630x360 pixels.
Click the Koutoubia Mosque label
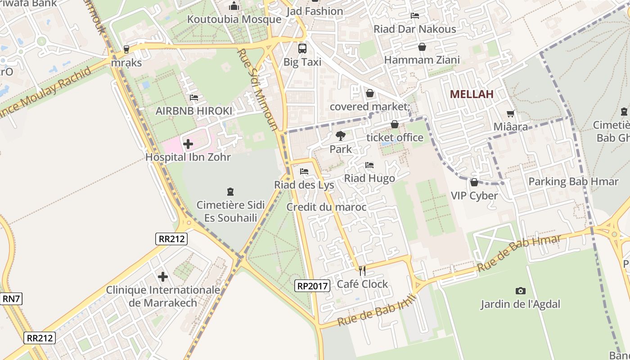(x=234, y=19)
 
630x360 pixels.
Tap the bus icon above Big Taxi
(x=302, y=49)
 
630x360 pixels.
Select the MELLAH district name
(x=472, y=94)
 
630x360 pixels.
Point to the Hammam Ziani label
(x=422, y=60)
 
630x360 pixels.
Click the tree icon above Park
(x=341, y=135)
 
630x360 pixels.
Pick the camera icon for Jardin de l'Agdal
(x=520, y=291)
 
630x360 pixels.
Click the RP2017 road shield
(x=313, y=285)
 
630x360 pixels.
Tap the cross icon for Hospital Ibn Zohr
(x=188, y=144)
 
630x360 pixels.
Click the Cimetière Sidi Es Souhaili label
(x=230, y=211)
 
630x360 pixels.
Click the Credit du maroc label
(x=326, y=207)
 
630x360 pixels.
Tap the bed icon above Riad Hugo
(x=369, y=165)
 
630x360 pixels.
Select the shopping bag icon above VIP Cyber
(x=474, y=182)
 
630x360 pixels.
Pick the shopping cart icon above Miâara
(x=510, y=114)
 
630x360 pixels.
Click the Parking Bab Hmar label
(x=573, y=182)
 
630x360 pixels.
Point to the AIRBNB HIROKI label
(x=194, y=111)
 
